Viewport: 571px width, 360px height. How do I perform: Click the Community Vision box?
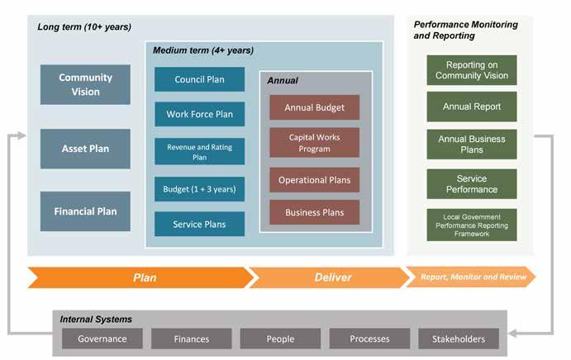point(85,84)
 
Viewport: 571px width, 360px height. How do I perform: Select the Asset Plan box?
point(85,149)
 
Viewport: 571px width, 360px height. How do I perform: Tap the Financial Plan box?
point(85,211)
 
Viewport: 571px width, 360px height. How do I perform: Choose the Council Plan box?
point(199,79)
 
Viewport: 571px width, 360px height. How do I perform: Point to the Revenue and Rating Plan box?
point(199,151)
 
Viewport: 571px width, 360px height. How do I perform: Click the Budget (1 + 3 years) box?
point(199,189)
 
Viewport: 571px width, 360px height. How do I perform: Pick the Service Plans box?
point(199,224)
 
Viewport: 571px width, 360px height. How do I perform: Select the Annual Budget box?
point(314,107)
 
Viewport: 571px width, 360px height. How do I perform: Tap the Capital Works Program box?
point(314,143)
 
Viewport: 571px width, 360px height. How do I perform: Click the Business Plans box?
point(314,212)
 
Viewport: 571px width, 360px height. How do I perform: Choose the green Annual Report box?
point(472,107)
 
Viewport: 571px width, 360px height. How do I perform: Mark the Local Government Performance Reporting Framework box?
point(472,225)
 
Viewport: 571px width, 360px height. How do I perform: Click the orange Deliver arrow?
point(330,277)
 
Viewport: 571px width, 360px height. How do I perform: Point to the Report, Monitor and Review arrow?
point(470,277)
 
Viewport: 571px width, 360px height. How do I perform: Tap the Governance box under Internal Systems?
point(102,339)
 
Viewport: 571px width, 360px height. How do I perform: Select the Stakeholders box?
point(459,339)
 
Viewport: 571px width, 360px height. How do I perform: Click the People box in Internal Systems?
point(280,339)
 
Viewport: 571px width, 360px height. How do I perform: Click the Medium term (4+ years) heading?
point(202,50)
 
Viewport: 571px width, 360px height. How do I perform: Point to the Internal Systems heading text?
point(96,320)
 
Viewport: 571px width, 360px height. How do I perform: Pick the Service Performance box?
point(472,184)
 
